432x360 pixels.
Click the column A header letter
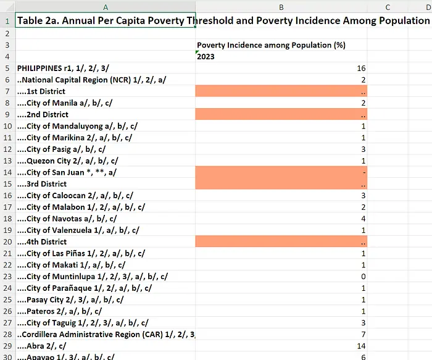click(106, 7)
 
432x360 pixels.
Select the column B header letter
click(281, 7)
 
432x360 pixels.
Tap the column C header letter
click(388, 7)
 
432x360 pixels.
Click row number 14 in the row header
click(7, 172)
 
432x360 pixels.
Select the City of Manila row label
click(65, 103)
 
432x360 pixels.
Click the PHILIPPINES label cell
click(63, 68)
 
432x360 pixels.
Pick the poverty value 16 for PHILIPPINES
click(361, 68)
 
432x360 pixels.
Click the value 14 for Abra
click(361, 346)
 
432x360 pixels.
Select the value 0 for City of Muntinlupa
click(363, 277)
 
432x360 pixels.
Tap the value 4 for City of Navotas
click(363, 219)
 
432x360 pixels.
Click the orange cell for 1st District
click(281, 91)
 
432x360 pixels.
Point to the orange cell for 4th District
click(281, 241)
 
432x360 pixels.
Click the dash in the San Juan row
click(364, 172)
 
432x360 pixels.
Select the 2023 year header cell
click(206, 57)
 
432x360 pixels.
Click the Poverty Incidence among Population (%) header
click(271, 45)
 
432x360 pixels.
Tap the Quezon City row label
click(68, 161)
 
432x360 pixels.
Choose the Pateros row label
click(59, 311)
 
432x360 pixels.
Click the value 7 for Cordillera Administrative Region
click(363, 334)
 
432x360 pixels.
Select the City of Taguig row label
click(83, 323)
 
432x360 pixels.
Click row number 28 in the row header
click(7, 334)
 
